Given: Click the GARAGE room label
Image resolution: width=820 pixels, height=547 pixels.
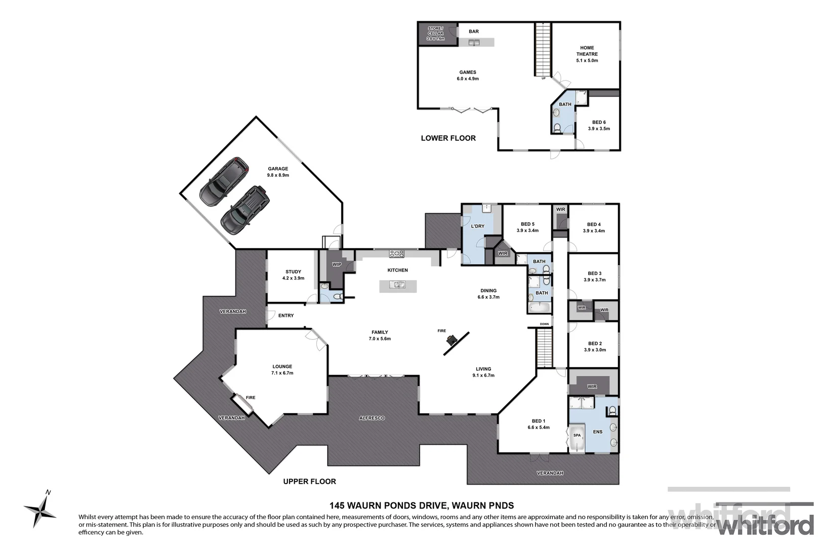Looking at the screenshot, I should [x=278, y=169].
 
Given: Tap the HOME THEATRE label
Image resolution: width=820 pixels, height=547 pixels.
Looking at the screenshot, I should [x=587, y=51].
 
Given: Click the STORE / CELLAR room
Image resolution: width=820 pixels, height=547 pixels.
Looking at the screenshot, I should [x=435, y=33].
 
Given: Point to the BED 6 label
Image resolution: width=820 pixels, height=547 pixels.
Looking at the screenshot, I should [x=599, y=122].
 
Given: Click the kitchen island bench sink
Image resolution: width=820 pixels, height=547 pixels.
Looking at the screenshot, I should [x=398, y=286].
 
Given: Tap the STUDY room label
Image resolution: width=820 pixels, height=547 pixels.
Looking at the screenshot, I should [x=293, y=272].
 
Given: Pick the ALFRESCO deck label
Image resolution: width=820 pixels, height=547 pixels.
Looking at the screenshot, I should [x=372, y=418].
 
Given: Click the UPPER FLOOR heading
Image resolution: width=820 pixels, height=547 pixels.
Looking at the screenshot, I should [x=309, y=481].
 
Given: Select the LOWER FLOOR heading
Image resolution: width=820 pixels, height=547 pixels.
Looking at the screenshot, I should [x=448, y=138].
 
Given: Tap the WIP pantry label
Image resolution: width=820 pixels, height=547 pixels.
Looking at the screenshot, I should [x=337, y=264].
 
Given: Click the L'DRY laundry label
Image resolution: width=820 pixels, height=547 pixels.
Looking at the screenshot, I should [x=477, y=226].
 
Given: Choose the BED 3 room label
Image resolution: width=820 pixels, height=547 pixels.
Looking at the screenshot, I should [x=594, y=273].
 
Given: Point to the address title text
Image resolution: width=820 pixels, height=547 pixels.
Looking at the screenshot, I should [x=421, y=505].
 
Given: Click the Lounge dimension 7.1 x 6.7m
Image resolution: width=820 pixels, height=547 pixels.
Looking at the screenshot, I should [x=282, y=373].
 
